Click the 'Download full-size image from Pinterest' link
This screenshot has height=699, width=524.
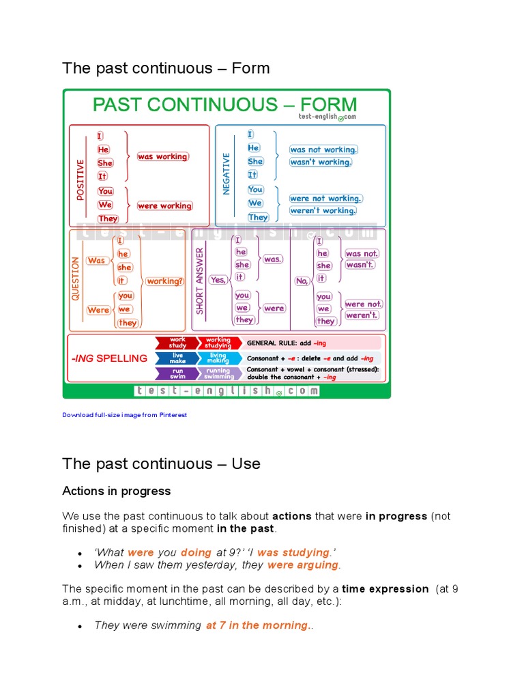124,415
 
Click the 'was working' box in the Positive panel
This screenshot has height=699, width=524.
162,157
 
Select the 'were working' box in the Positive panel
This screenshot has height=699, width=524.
164,206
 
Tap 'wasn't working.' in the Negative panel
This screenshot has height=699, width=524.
321,162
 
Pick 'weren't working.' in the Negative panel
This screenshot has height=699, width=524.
323,211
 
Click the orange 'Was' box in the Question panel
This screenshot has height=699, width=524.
97,261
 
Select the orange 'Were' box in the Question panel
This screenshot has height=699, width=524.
98,310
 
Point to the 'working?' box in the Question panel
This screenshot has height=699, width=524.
165,281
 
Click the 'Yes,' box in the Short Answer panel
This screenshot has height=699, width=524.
218,280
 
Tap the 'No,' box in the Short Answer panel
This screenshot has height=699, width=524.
302,281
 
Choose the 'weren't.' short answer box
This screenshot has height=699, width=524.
362,315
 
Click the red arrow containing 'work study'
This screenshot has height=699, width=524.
177,343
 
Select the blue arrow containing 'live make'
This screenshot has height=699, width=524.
177,358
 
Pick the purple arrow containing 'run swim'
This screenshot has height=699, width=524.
177,373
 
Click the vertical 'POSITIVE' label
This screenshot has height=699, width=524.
81,180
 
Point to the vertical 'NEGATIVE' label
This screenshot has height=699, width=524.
227,173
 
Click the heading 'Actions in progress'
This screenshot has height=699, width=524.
117,491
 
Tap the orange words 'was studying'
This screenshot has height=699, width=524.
293,553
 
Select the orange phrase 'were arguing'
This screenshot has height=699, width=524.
303,565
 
